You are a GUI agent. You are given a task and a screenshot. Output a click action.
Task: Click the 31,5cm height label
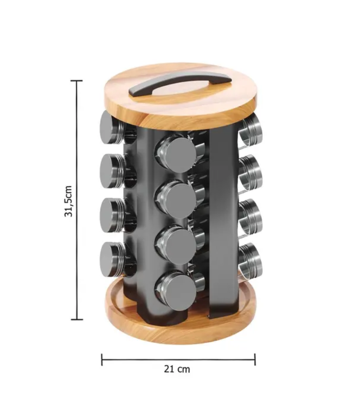(x=68, y=201)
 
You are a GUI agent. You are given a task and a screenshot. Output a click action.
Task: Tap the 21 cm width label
(x=177, y=369)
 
